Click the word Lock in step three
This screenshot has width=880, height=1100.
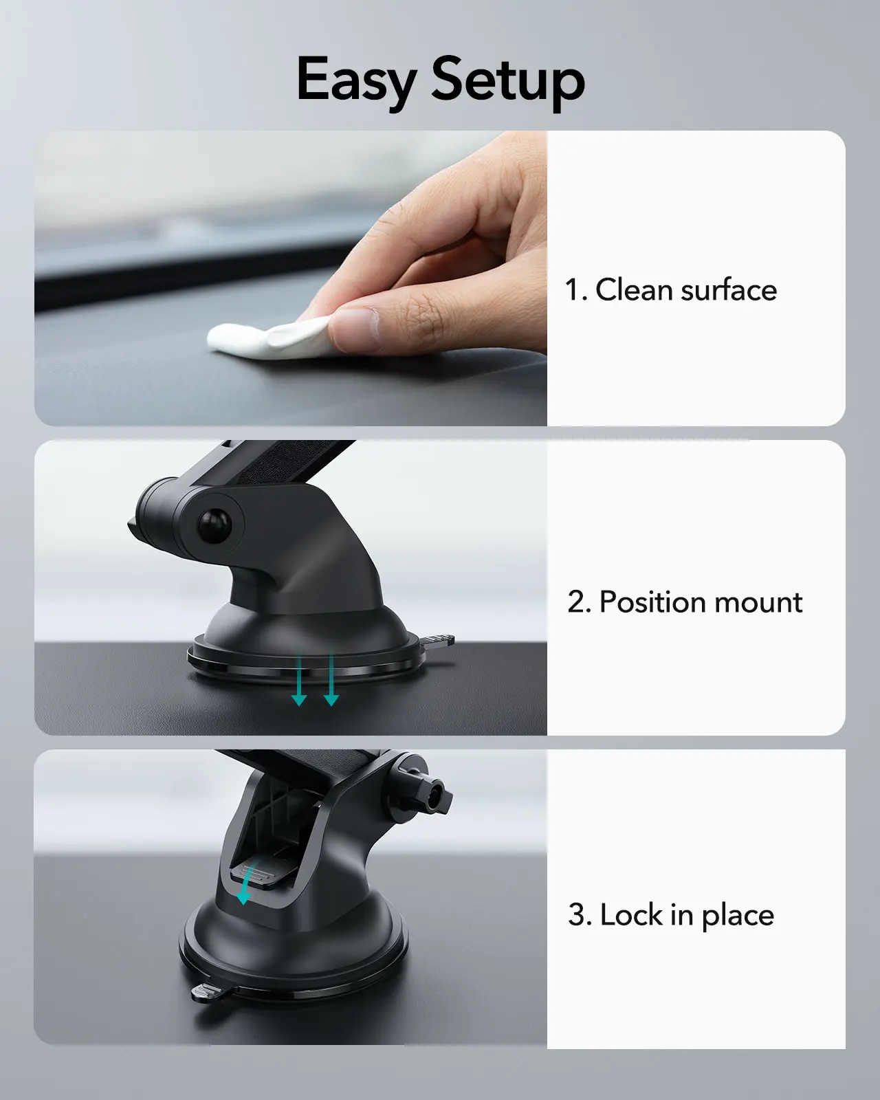[x=631, y=914]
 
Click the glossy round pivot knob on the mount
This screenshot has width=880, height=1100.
[x=214, y=525]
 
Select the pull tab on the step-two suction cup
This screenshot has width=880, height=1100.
[x=437, y=641]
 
